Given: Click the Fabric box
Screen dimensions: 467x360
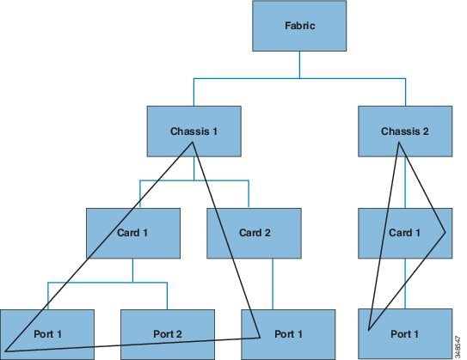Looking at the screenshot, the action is coord(299,26).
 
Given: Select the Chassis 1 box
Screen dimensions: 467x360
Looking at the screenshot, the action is coord(194,131).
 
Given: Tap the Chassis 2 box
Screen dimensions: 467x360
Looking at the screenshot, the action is coord(405,131).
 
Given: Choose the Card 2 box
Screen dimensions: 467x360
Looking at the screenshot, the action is coord(254,233).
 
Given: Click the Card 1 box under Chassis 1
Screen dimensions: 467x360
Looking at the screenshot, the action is coord(133,233).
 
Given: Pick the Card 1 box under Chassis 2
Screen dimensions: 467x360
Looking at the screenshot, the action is coord(405,233).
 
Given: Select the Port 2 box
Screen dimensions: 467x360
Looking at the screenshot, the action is coord(168,334).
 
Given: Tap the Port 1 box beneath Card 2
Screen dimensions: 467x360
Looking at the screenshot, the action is coord(288,334).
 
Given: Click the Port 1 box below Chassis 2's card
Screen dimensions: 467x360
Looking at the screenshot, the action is coord(405,334).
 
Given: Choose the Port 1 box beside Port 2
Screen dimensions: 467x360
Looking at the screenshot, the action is coord(47,334).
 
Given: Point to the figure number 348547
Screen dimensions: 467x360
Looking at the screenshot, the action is coord(458,347).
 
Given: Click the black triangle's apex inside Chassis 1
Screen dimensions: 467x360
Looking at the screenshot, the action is coord(193,143).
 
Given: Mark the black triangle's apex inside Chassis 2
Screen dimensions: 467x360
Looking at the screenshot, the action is coord(398,143).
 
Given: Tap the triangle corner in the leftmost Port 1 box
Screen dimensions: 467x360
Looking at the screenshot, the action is coord(5,351).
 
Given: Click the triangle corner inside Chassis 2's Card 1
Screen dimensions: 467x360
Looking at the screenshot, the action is coord(445,232).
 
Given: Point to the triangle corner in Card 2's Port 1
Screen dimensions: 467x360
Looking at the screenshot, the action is coord(260,338).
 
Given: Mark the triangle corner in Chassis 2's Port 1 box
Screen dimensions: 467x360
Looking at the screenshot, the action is coord(369,330).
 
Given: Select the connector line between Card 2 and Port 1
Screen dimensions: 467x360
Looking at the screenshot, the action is coord(273,284).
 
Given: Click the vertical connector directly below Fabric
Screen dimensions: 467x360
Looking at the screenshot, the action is coord(299,64).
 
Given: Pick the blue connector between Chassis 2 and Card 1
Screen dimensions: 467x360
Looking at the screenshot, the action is coord(405,182).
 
